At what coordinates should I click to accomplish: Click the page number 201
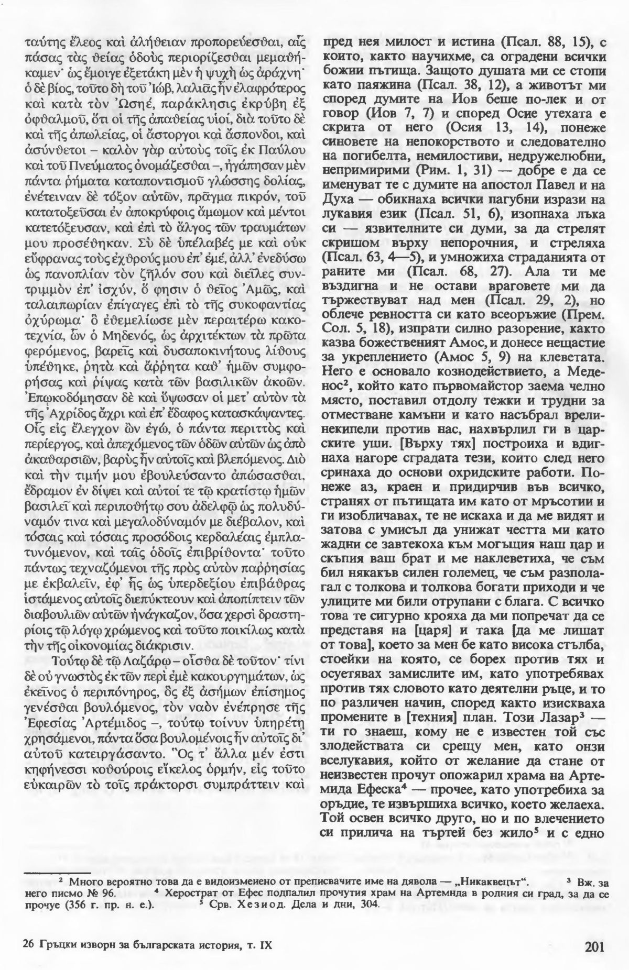[x=594, y=930]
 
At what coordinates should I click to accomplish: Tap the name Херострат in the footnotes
[x=189, y=894]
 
